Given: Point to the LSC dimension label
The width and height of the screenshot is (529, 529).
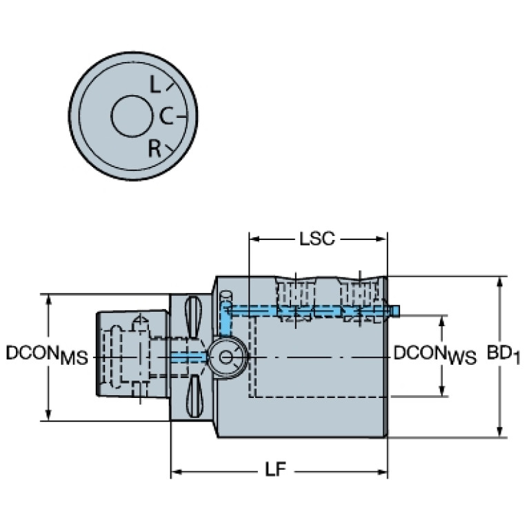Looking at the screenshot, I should pos(317,239).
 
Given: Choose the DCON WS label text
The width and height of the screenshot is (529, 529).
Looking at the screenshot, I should pos(435,354).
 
